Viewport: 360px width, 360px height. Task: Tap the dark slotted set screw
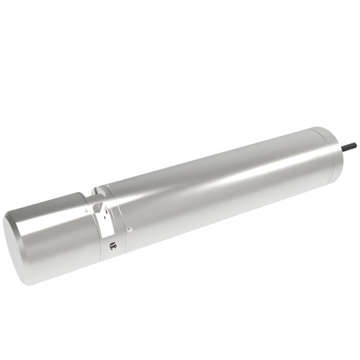click(x=112, y=246)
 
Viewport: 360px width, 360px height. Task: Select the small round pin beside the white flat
click(x=129, y=230)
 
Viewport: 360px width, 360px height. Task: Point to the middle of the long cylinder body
click(x=216, y=187)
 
